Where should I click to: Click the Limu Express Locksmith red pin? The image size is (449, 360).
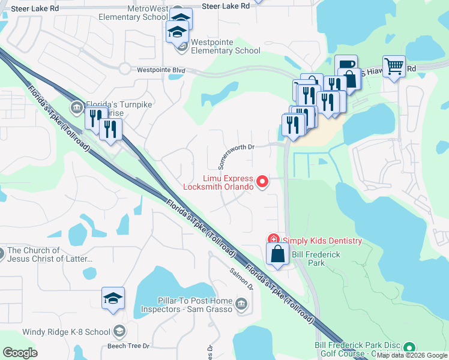[x=262, y=180]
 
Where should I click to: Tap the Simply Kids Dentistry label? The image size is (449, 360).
[x=322, y=241]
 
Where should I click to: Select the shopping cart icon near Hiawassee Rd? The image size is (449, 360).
[x=394, y=67]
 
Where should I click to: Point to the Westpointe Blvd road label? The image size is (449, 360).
[x=161, y=70]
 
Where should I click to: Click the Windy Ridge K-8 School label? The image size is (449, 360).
[x=66, y=332]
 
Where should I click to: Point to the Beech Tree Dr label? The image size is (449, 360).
[x=128, y=346]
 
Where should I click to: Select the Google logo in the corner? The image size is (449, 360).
[x=20, y=353]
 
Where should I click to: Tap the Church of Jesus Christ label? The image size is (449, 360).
[x=50, y=255]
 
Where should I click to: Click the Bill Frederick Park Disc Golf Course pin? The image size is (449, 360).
[x=409, y=347]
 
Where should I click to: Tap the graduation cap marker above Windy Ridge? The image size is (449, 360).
[x=112, y=298]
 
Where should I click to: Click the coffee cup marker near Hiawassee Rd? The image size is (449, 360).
[x=346, y=65]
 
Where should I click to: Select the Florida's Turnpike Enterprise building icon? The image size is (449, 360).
[x=77, y=108]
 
